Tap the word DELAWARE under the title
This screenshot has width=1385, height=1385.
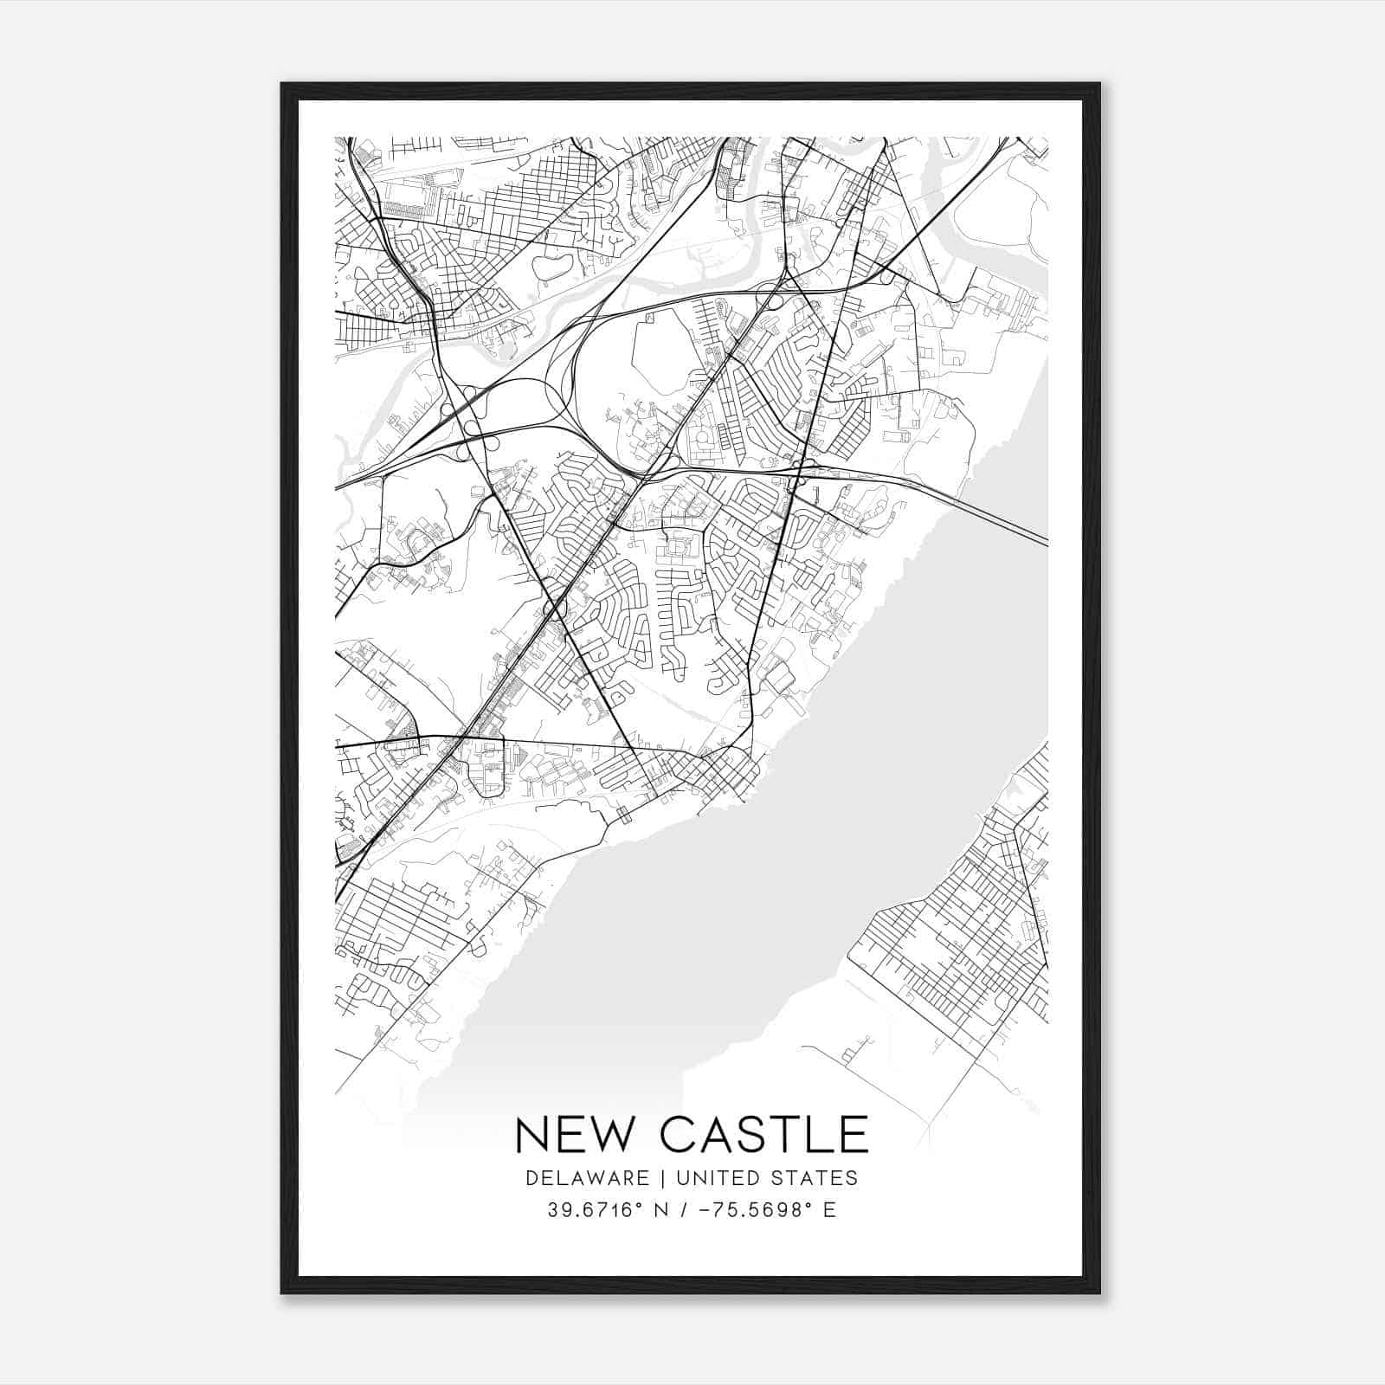click(x=587, y=1178)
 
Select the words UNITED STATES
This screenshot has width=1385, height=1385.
click(x=767, y=1178)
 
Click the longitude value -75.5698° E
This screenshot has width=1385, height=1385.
click(x=762, y=1209)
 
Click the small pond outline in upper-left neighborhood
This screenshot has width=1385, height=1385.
click(x=549, y=266)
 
